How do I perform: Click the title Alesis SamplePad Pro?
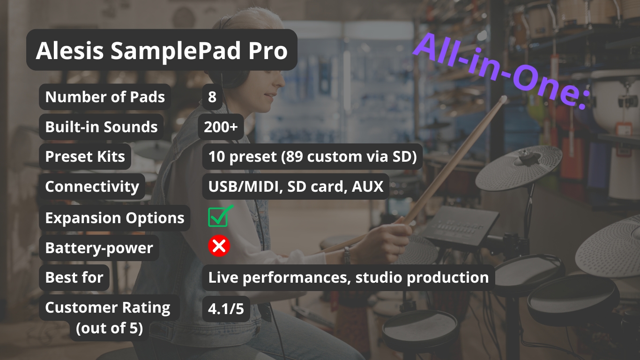(x=162, y=50)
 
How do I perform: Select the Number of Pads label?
(x=105, y=97)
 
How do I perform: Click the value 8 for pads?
(x=212, y=97)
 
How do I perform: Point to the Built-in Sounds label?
(x=101, y=127)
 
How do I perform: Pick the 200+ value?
(x=221, y=127)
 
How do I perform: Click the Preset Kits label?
(x=85, y=157)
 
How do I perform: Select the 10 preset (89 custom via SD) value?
(x=313, y=157)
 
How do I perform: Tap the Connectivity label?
(x=92, y=187)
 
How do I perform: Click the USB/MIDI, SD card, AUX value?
(x=296, y=187)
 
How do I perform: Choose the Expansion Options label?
(x=115, y=218)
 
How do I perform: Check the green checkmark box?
(x=220, y=216)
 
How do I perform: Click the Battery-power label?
(x=99, y=247)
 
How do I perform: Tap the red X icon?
(x=219, y=246)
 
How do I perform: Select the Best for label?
(x=74, y=277)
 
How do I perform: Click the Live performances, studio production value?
(x=349, y=277)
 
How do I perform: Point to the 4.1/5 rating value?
(x=226, y=309)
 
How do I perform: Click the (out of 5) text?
(x=110, y=328)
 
